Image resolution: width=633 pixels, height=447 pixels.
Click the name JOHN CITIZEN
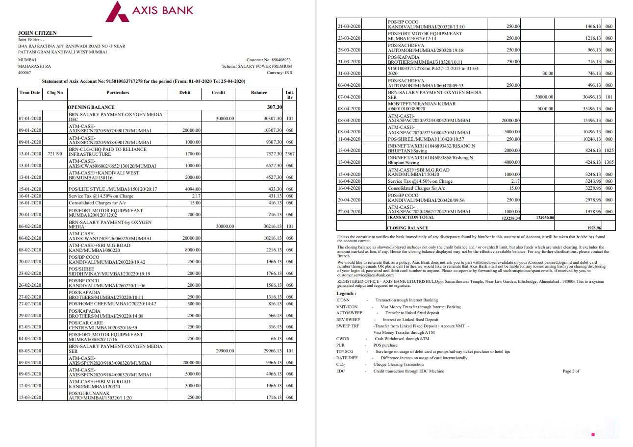coord(37,33)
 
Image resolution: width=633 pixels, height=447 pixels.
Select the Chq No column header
coord(55,93)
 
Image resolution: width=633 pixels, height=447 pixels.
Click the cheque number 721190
coord(55,154)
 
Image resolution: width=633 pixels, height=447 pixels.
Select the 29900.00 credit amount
coord(226,351)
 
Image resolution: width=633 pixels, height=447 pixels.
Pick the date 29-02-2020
coord(30,316)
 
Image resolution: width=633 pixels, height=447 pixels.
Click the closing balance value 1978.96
coord(594,228)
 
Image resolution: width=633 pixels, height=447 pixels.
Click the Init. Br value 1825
coord(608,151)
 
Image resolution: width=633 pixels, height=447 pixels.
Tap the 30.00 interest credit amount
coord(548,74)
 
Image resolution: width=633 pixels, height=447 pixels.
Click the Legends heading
coord(347,293)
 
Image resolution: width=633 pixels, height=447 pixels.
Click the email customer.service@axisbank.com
coord(358,275)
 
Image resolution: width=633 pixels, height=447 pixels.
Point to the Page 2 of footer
coord(571,371)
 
